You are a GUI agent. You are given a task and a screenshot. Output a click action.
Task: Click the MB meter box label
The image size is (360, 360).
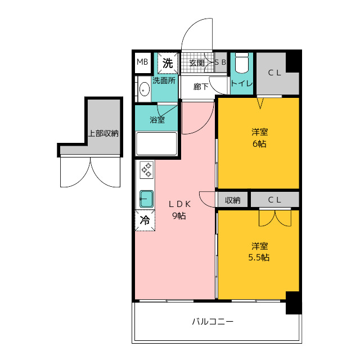(142, 62)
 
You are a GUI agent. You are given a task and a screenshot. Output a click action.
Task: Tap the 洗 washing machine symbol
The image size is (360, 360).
(168, 63)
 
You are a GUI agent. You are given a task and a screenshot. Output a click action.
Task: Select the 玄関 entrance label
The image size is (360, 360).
(197, 63)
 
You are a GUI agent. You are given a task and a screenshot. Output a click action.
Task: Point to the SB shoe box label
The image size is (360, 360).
(220, 62)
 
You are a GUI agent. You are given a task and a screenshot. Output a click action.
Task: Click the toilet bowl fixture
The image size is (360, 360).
(242, 63)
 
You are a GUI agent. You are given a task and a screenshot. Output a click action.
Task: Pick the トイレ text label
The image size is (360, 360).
(242, 83)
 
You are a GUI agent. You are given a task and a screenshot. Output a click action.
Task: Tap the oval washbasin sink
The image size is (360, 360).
(144, 89)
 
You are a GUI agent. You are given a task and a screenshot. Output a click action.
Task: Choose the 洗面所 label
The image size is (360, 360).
(164, 80)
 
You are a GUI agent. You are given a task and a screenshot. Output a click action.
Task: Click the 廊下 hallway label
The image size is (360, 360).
(201, 87)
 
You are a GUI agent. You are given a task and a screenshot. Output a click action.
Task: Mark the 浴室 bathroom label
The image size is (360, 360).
(157, 120)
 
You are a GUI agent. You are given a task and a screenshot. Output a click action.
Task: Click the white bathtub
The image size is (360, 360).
(156, 144)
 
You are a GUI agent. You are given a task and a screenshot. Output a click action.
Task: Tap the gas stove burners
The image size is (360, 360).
(147, 170)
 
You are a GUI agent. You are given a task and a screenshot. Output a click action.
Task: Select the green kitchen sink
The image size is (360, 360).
(146, 199)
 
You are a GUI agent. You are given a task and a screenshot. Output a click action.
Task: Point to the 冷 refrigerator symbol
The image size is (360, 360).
(145, 220)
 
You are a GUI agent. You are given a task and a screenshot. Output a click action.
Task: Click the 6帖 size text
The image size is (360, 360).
(259, 144)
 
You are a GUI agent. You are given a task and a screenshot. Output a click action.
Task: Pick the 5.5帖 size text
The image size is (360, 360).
(259, 258)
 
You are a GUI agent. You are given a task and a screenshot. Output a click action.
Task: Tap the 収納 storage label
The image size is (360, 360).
(232, 200)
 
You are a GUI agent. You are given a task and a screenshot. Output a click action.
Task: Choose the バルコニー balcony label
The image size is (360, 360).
(213, 321)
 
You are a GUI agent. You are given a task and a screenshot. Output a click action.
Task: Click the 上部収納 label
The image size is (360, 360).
(103, 133)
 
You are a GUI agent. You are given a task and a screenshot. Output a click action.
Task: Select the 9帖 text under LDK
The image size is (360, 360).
(179, 216)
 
